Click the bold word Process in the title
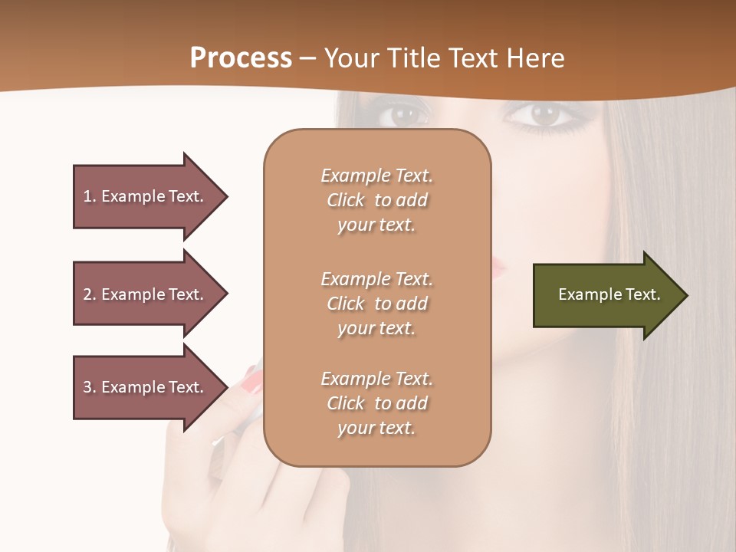pyautogui.click(x=241, y=58)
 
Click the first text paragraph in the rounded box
pyautogui.click(x=376, y=200)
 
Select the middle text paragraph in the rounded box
pyautogui.click(x=376, y=304)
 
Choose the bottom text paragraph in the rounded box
pyautogui.click(x=376, y=403)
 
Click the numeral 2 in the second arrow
pyautogui.click(x=87, y=294)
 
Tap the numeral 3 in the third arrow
pyautogui.click(x=87, y=387)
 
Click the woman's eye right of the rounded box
pyautogui.click(x=544, y=115)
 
